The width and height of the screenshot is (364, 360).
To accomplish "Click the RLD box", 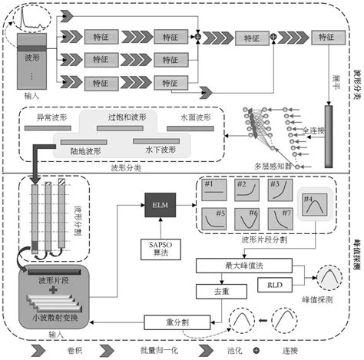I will [273, 285].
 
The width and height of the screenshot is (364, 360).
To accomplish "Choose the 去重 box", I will [209, 290].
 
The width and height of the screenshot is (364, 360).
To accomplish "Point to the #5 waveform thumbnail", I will [211, 219].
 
